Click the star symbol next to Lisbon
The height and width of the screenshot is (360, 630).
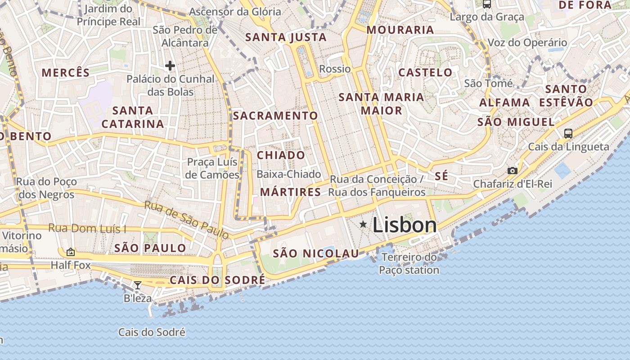coord(363,224)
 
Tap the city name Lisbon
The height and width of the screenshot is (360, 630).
coord(405,225)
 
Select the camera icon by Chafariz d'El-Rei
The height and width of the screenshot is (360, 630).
coord(512,171)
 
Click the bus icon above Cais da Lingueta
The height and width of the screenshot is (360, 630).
coord(568,133)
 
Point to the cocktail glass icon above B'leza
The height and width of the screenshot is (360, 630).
coord(138,285)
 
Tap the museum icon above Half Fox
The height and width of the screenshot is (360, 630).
coord(71,252)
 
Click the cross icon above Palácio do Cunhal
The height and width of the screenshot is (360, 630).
coord(170,66)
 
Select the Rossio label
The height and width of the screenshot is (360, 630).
coord(334,69)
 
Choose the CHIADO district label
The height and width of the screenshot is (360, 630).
coord(281,155)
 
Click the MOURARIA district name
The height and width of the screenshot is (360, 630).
coord(400,30)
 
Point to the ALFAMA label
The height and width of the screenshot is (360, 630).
coord(504,103)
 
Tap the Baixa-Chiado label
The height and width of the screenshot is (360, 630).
coord(288,174)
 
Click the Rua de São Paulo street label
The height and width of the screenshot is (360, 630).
coord(186,220)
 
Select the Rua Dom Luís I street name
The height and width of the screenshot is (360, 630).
coord(87,229)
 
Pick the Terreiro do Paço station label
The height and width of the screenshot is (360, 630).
coord(409,264)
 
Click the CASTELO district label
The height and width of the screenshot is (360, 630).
coord(425,72)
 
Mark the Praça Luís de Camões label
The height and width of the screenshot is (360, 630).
coord(212,168)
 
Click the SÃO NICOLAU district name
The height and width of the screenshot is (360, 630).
coord(316,253)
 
